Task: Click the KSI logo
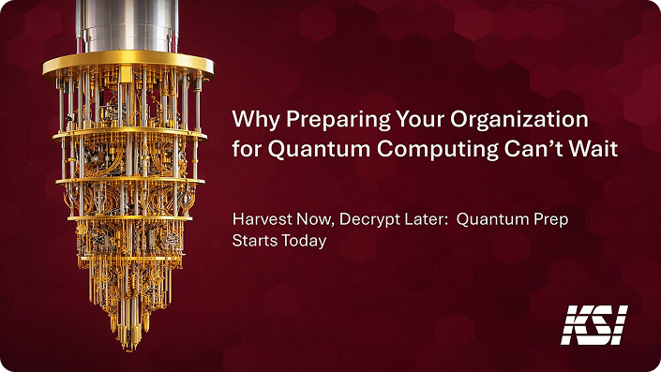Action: tap(594, 325)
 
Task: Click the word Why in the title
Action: tap(255, 120)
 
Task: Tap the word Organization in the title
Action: tap(518, 120)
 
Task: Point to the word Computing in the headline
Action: tap(438, 149)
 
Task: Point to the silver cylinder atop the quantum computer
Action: tap(127, 25)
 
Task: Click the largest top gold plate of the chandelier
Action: tap(128, 65)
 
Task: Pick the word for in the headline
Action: tap(247, 149)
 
